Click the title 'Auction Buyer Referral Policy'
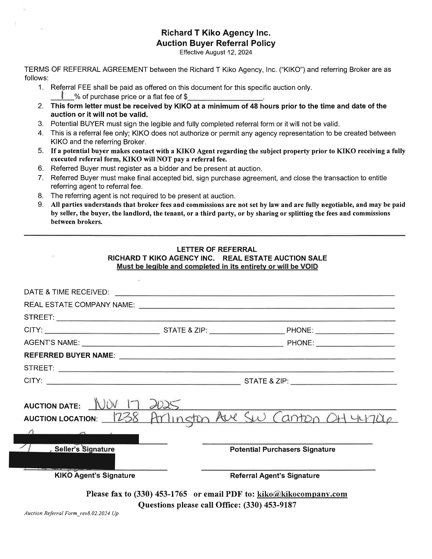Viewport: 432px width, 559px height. (x=215, y=43)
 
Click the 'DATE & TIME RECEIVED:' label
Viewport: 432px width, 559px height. (x=67, y=292)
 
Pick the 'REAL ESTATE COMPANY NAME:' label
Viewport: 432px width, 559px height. (x=79, y=305)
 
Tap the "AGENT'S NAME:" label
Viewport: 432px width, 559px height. (x=52, y=343)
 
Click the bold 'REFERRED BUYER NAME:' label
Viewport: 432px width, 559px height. (x=69, y=355)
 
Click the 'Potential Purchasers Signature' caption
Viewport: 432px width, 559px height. (x=282, y=449)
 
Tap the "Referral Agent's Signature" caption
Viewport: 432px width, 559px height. (x=275, y=475)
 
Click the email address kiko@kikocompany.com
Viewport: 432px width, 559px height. (x=302, y=494)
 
